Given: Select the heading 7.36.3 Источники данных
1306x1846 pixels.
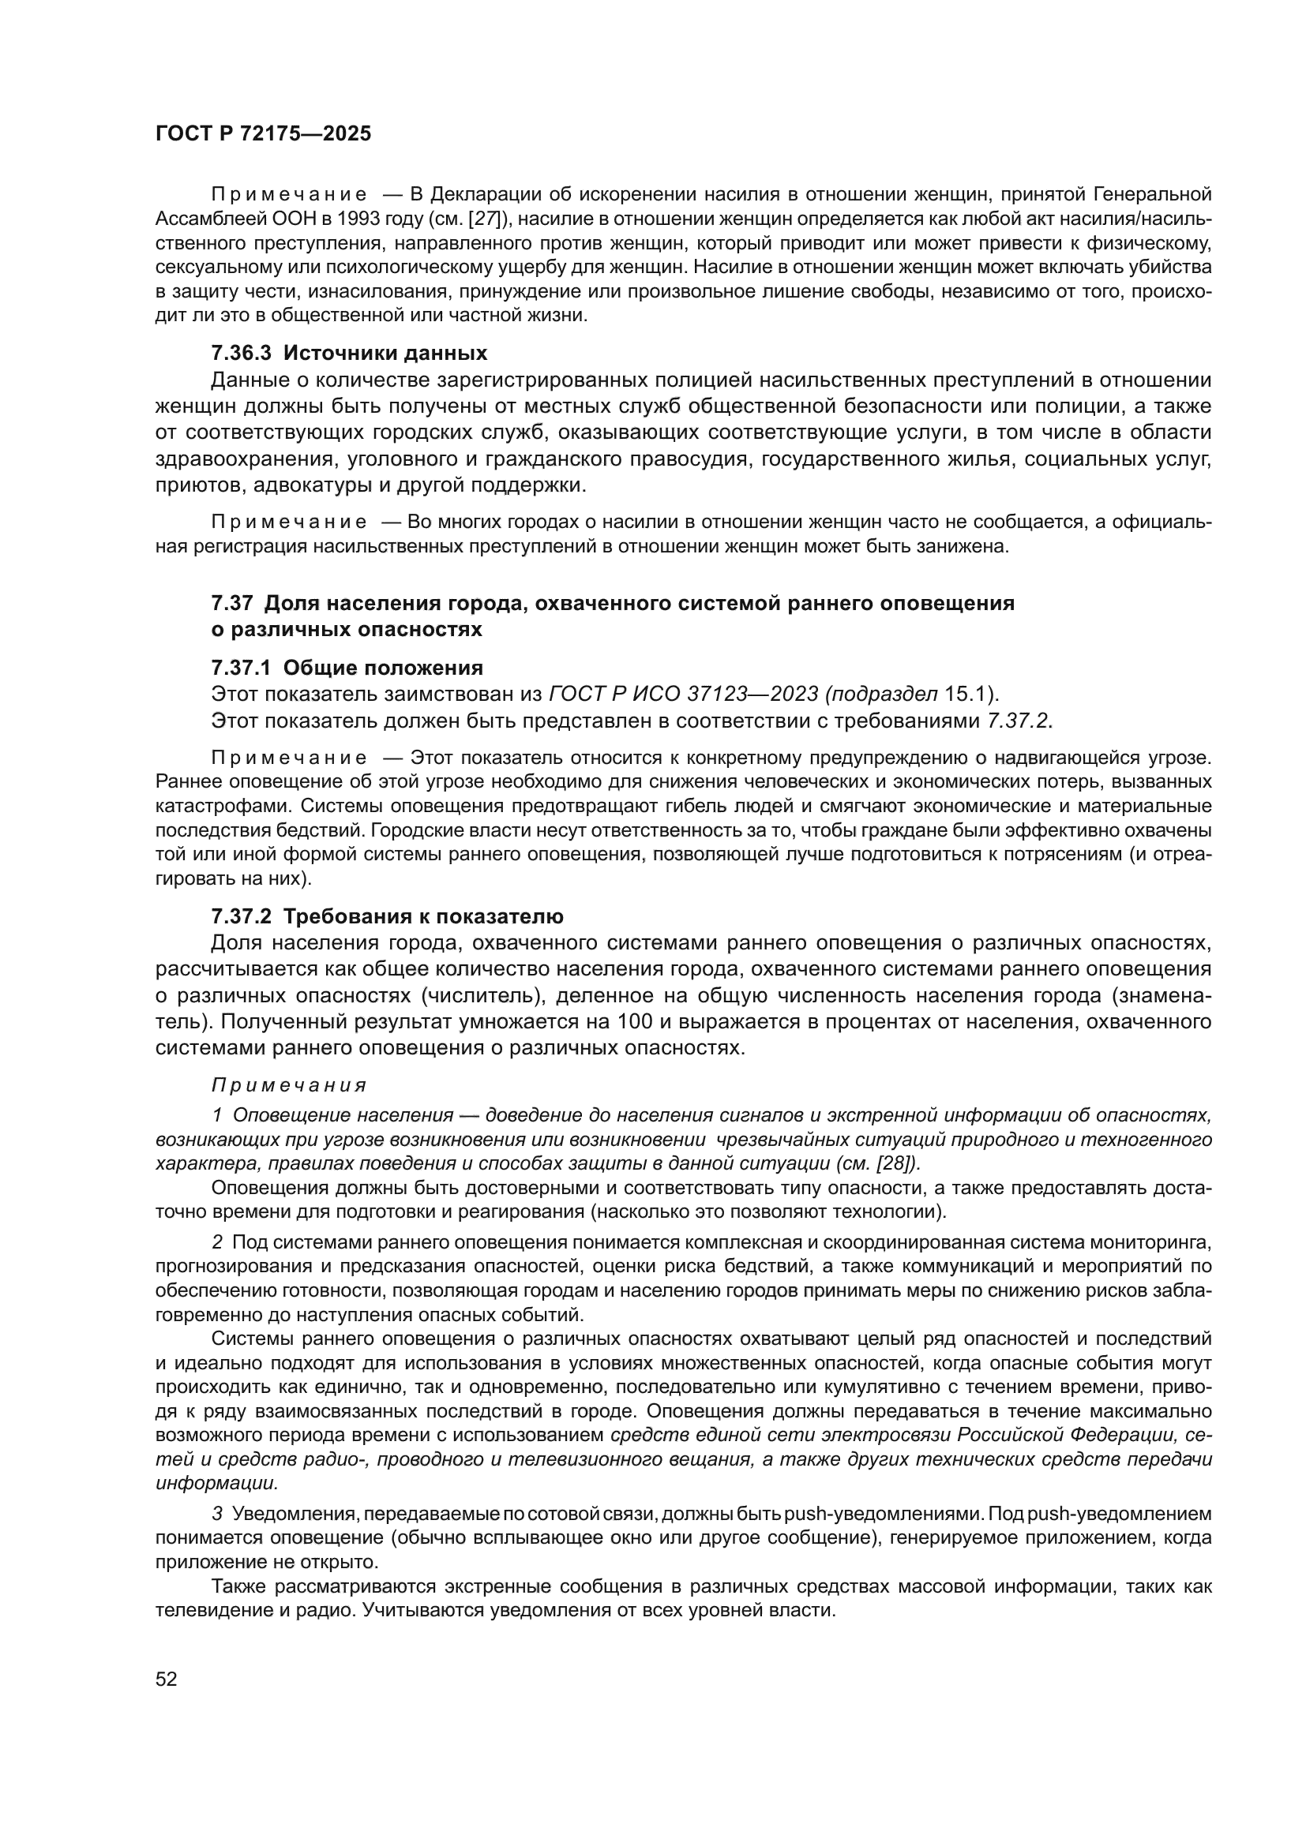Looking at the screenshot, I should (349, 353).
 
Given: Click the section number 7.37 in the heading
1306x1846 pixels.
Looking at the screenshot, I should (232, 603).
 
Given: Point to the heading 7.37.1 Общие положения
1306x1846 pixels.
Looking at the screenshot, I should (347, 668).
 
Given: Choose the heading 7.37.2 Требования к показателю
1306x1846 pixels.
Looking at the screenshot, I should (387, 916).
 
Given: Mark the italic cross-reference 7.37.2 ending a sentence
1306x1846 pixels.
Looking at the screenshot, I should (1018, 721).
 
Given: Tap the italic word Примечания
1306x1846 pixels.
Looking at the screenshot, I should (289, 1085).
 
